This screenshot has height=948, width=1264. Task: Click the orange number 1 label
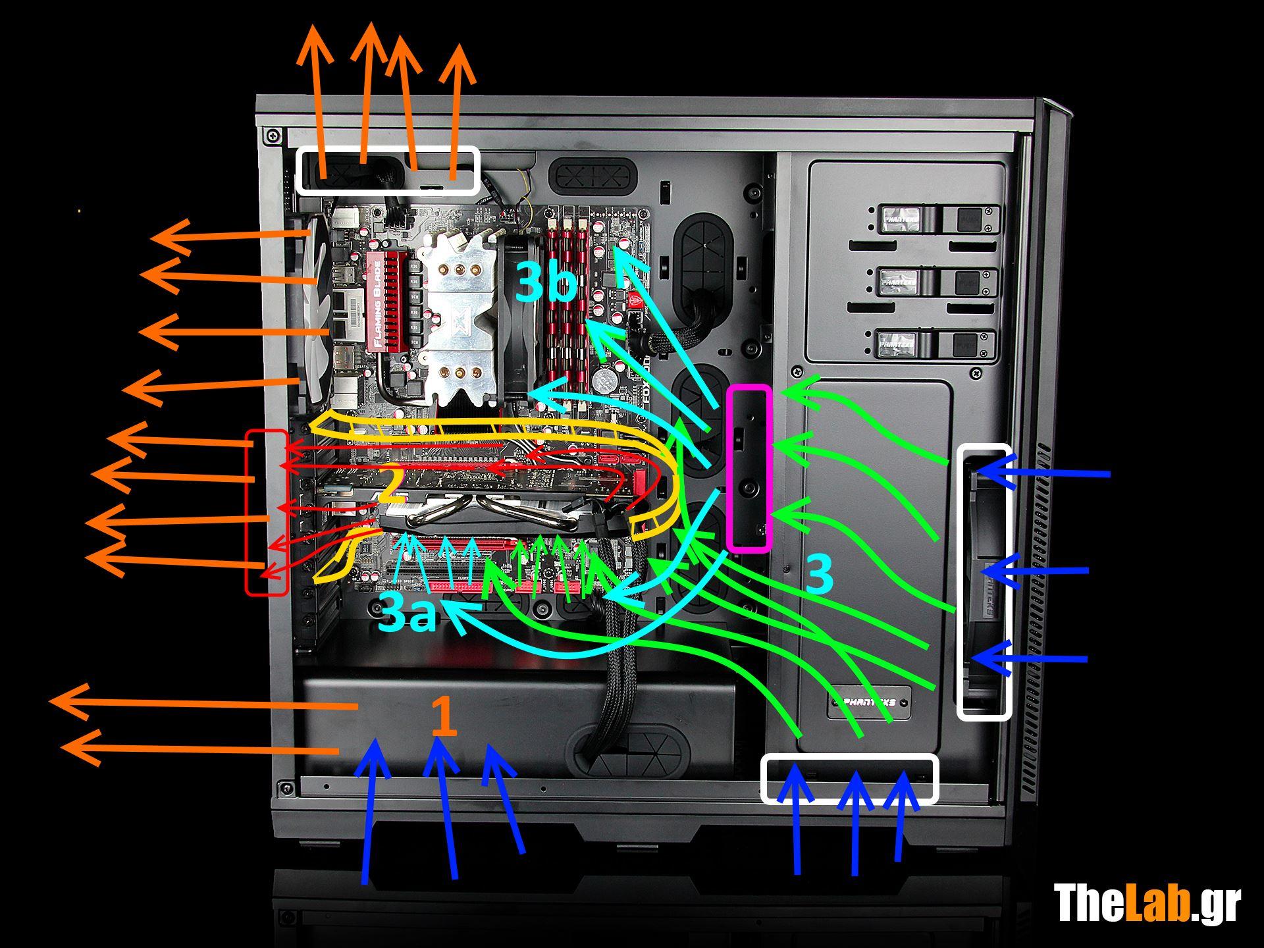[x=444, y=716]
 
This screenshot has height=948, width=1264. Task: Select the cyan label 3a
[x=408, y=614]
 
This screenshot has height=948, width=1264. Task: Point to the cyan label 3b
[x=546, y=282]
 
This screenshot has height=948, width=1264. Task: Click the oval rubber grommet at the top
[x=595, y=176]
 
